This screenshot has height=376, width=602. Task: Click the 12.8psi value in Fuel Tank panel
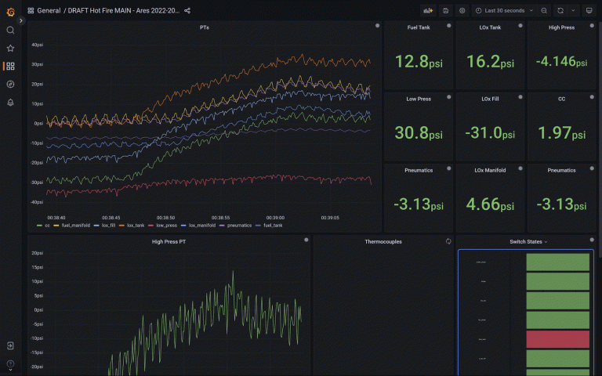point(418,62)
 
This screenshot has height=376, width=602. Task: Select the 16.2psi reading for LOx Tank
point(489,62)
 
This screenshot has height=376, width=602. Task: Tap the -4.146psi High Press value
point(560,62)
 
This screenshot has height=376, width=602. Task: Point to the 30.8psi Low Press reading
point(418,133)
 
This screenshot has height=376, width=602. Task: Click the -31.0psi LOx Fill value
point(489,133)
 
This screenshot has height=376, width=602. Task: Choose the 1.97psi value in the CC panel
point(560,133)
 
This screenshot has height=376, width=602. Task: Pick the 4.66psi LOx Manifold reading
point(489,204)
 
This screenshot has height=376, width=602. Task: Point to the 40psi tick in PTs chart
point(37,45)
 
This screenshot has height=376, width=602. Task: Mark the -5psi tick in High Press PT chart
point(36,324)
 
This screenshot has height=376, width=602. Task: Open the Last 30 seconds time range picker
point(505,11)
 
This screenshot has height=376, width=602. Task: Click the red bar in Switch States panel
point(557,339)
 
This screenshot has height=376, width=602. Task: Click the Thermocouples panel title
point(383,241)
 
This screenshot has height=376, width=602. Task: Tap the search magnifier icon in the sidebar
point(10,30)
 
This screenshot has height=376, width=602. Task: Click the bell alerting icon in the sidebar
point(10,102)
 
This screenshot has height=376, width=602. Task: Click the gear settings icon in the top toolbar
point(462,11)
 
